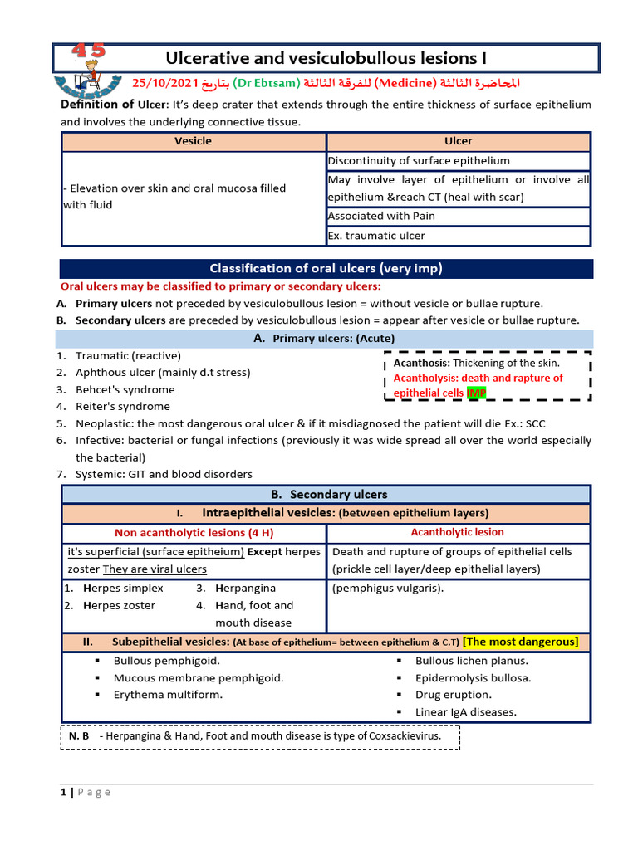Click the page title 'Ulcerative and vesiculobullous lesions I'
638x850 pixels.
click(x=326, y=58)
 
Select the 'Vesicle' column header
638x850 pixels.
click(x=193, y=141)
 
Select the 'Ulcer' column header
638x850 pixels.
click(x=458, y=141)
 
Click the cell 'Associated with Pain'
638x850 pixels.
click(x=381, y=217)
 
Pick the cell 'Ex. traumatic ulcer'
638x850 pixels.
click(x=376, y=236)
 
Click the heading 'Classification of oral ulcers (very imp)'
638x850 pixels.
click(x=326, y=269)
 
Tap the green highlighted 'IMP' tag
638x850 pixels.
click(x=477, y=393)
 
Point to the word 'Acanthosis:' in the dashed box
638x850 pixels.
click(x=422, y=363)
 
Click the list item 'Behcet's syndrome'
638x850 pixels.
click(x=125, y=389)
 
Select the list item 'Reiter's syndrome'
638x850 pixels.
click(x=122, y=407)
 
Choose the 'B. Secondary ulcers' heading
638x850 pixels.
click(x=326, y=495)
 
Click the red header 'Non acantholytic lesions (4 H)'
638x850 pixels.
click(x=193, y=533)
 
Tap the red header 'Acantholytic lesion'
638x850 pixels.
click(x=457, y=532)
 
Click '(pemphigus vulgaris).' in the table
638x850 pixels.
click(x=388, y=589)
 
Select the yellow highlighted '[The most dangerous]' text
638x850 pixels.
click(x=521, y=642)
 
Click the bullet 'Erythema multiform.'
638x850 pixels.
click(x=168, y=695)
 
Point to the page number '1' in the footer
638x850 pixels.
click(x=63, y=792)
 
